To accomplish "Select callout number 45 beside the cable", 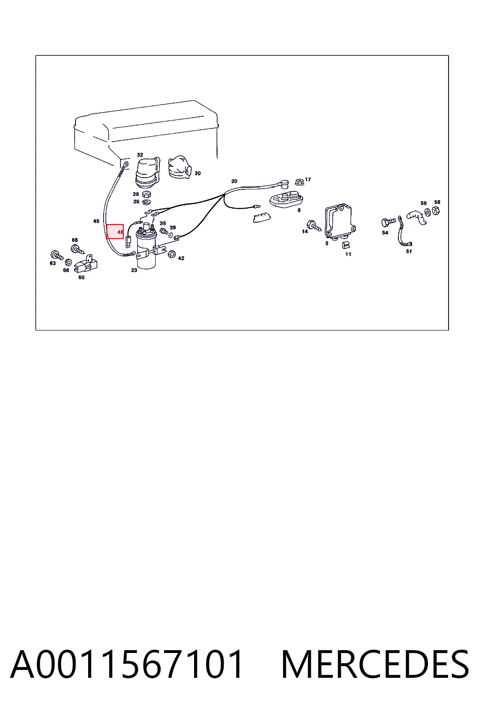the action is point(96,221).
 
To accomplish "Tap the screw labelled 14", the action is point(315,225).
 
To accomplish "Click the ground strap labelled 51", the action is point(404,232).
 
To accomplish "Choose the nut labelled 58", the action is point(436,210).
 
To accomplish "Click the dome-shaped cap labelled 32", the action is point(147,172).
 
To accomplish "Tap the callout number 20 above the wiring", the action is point(234,181).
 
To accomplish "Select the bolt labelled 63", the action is point(57,255).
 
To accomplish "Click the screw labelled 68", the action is point(77,249).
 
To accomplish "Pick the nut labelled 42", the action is point(172,254).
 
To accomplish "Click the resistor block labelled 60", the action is point(85,263).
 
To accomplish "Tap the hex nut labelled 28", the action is point(146,194).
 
